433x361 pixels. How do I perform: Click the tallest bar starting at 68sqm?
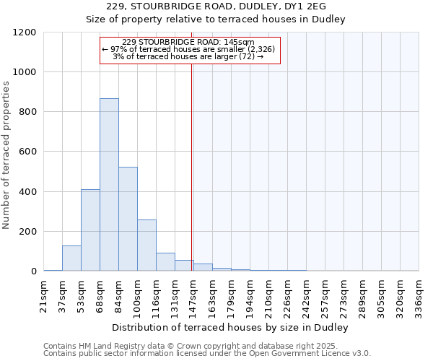click(x=109, y=185)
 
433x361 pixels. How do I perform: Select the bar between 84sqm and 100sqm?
click(x=128, y=219)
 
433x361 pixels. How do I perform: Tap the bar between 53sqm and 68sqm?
click(x=90, y=230)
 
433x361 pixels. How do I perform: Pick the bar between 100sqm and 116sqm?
click(x=146, y=245)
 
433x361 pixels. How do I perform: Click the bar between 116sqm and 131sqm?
click(x=165, y=262)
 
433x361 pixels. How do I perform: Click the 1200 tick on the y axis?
click(x=25, y=32)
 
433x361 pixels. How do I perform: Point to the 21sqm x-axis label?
click(x=44, y=294)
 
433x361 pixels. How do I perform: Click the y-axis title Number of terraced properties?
click(x=7, y=155)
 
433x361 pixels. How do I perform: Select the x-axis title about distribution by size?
click(x=231, y=328)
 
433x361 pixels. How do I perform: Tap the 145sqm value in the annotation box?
click(x=238, y=43)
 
